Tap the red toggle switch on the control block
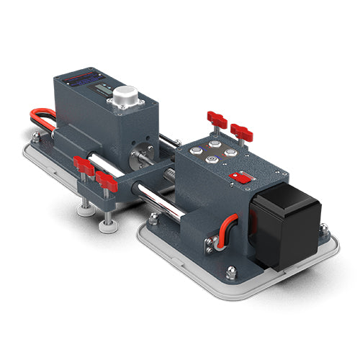[237, 176]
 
